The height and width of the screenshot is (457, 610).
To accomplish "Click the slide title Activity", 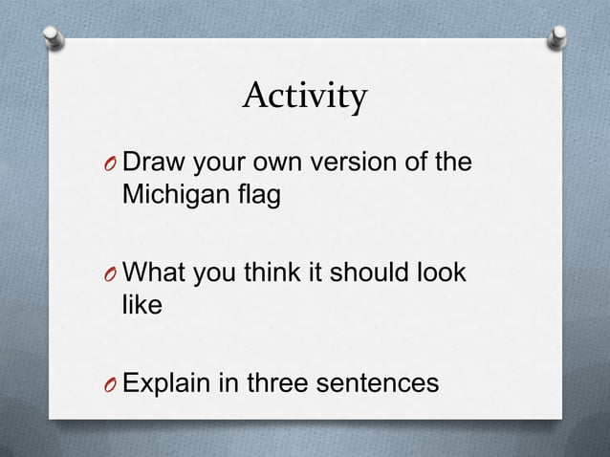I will [304, 97].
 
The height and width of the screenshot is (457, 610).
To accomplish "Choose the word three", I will [283, 384].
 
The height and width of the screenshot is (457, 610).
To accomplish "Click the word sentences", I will [382, 384].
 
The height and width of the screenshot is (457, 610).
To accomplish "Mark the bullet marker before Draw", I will [111, 163].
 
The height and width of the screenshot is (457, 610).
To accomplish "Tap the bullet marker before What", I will [111, 274].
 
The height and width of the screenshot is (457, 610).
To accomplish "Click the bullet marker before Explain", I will [111, 385].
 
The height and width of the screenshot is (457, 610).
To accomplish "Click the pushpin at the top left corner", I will [55, 38].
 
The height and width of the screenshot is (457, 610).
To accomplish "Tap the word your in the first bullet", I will [216, 163].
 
